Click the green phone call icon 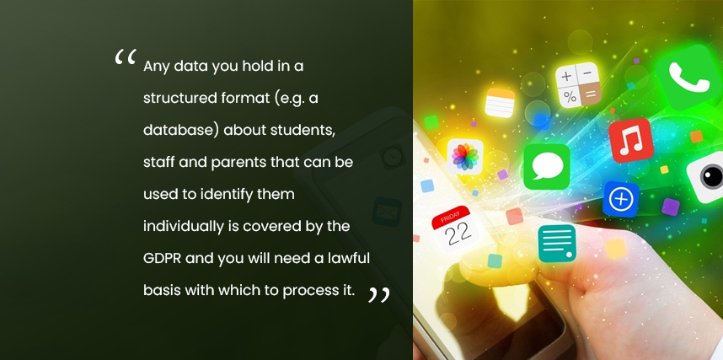[689, 77]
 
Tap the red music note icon [630, 140]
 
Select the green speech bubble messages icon [547, 166]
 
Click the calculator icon [578, 85]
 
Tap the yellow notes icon [500, 103]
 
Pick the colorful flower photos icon [465, 157]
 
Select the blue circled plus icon [621, 199]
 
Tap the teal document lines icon [557, 243]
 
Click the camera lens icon [708, 177]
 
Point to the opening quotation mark [126, 56]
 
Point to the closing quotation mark [378, 295]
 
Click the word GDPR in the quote [163, 259]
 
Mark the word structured [177, 99]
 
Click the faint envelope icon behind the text [387, 212]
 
